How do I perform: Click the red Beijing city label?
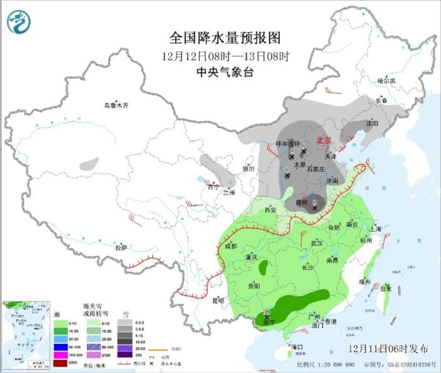click(x=323, y=141)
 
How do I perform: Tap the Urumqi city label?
click(x=116, y=105)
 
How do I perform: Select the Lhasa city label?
click(x=120, y=247)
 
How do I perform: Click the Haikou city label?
click(x=296, y=347)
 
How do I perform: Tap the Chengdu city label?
click(x=231, y=246)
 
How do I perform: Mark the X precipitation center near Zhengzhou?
click(x=315, y=208)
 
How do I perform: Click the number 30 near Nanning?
click(x=267, y=313)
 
